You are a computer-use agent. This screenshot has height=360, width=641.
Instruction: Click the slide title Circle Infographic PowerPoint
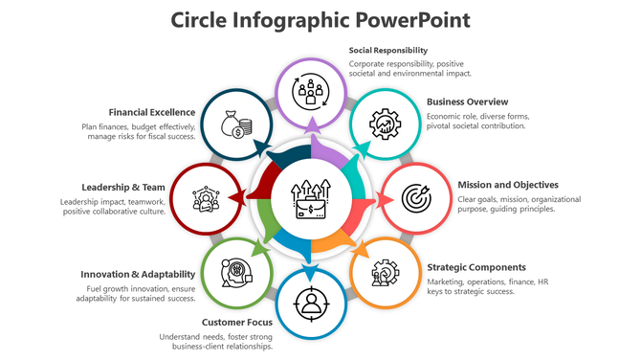click(x=320, y=20)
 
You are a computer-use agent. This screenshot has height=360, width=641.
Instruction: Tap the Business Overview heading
click(x=467, y=101)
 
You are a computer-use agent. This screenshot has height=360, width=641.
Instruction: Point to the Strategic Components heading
click(x=475, y=267)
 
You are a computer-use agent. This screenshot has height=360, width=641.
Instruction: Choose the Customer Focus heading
click(x=236, y=322)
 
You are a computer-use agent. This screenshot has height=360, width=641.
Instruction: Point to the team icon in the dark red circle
click(x=203, y=198)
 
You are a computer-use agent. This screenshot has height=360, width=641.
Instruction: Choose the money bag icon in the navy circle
click(x=235, y=124)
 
